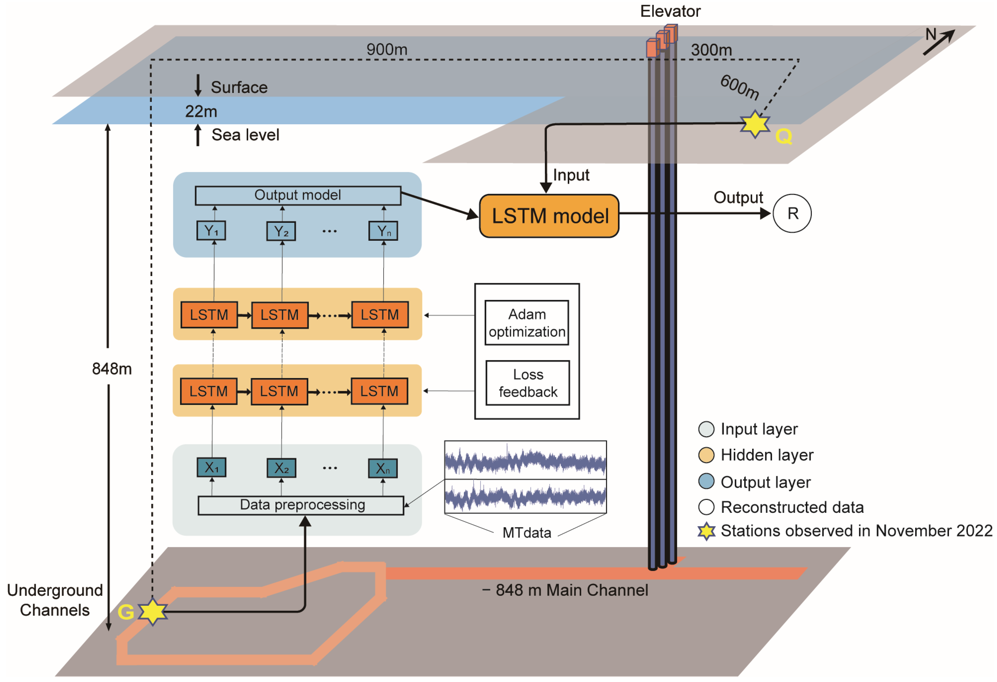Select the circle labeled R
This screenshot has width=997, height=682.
pos(792,213)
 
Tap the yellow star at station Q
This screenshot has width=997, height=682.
pos(755,124)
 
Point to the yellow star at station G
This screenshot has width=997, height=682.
pos(152,612)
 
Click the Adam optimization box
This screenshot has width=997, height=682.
pos(527,323)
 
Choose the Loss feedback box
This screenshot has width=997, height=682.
pos(528,383)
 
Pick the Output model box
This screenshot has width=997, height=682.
pos(298,195)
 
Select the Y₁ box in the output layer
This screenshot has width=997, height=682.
pos(211,231)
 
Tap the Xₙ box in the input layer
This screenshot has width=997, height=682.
pos(383,468)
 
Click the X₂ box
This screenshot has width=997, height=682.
pos(281,468)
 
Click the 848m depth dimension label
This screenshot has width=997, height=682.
pos(112,368)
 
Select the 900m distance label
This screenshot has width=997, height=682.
pos(386,49)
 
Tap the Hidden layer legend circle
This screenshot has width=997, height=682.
pos(706,455)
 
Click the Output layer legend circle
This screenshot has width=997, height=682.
pos(706,481)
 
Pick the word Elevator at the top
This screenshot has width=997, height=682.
pos(670,11)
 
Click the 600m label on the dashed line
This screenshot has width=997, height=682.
pos(739,87)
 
